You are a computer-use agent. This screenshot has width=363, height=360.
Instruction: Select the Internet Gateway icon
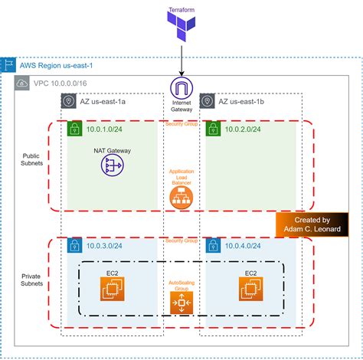[x=181, y=87]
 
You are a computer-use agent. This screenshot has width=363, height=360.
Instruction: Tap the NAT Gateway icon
[x=113, y=165]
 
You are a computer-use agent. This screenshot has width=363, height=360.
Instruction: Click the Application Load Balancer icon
[x=181, y=196]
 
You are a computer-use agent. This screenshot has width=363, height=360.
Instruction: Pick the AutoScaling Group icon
[x=181, y=303]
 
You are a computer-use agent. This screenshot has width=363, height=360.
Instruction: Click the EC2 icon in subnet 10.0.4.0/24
[x=250, y=288]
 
